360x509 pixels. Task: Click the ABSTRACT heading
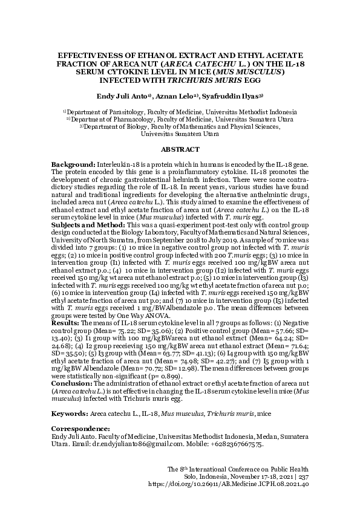tap(180, 149)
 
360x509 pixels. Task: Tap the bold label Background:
tap(73, 165)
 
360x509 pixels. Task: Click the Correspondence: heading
tap(80, 429)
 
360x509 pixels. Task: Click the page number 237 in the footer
tap(303, 476)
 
